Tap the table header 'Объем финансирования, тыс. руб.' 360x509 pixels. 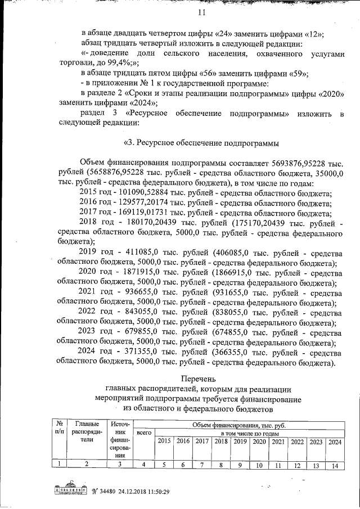(x=238, y=425)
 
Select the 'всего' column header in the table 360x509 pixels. (x=145, y=434)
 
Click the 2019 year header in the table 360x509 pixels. (x=240, y=442)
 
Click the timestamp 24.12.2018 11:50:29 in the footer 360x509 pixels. (x=137, y=490)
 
